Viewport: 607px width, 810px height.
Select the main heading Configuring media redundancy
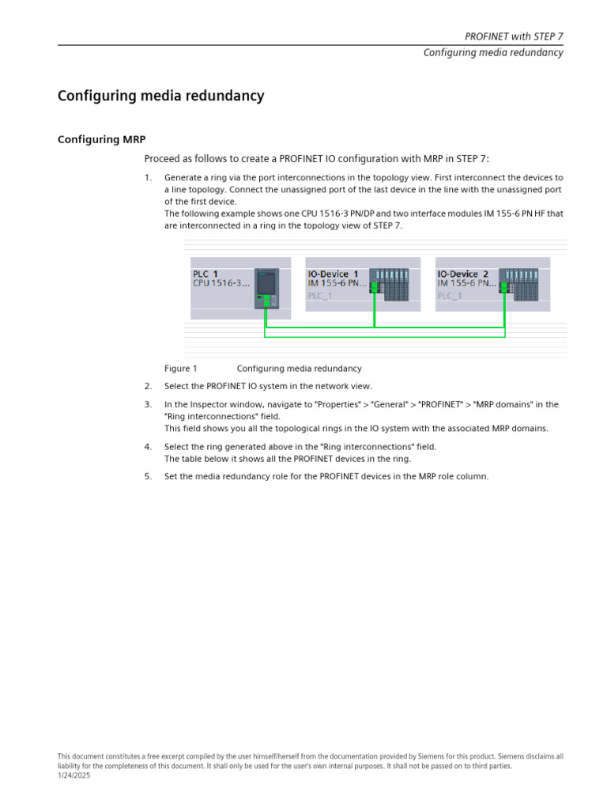[x=160, y=97]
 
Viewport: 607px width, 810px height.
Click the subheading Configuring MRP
[x=101, y=139]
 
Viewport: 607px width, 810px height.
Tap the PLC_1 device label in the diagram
[x=205, y=274]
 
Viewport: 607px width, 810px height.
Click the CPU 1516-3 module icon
[x=267, y=288]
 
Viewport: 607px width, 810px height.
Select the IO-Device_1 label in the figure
[x=333, y=274]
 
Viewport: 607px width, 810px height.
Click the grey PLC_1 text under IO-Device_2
[x=450, y=296]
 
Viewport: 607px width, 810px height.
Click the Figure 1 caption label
[x=180, y=369]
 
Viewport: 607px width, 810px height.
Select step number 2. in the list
[x=148, y=387]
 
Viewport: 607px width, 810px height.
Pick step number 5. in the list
[x=148, y=476]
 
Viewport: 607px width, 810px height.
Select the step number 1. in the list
[x=148, y=178]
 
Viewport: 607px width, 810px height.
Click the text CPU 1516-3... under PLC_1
[x=221, y=283]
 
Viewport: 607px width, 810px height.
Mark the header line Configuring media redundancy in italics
[x=493, y=53]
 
